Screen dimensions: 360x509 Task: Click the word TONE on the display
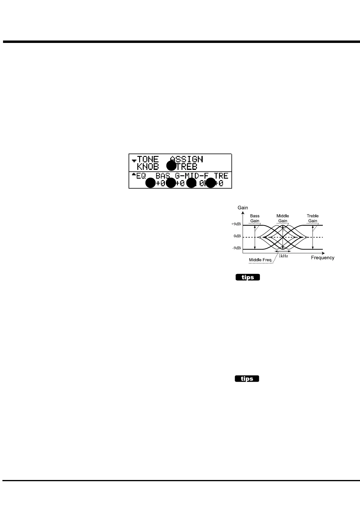(x=148, y=159)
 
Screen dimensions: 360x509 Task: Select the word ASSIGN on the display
(x=186, y=159)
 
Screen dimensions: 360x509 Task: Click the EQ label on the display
(x=141, y=176)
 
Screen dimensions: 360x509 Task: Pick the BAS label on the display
(x=163, y=176)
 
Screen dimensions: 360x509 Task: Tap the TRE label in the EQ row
(x=221, y=176)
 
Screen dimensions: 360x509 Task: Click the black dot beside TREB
(x=171, y=166)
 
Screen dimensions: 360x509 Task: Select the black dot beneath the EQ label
(x=150, y=183)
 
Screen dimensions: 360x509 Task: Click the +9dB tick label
(x=236, y=224)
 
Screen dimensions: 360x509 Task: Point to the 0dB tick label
(x=237, y=236)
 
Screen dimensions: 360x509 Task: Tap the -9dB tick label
(x=237, y=248)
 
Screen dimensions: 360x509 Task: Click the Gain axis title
(x=243, y=208)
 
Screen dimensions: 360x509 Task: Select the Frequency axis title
(x=322, y=258)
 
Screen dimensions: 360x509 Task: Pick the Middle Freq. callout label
(x=260, y=260)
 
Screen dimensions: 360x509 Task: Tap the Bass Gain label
(x=255, y=218)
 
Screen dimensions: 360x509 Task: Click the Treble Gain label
(x=313, y=218)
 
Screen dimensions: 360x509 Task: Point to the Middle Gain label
(x=283, y=218)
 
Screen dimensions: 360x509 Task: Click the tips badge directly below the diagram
(x=248, y=277)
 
